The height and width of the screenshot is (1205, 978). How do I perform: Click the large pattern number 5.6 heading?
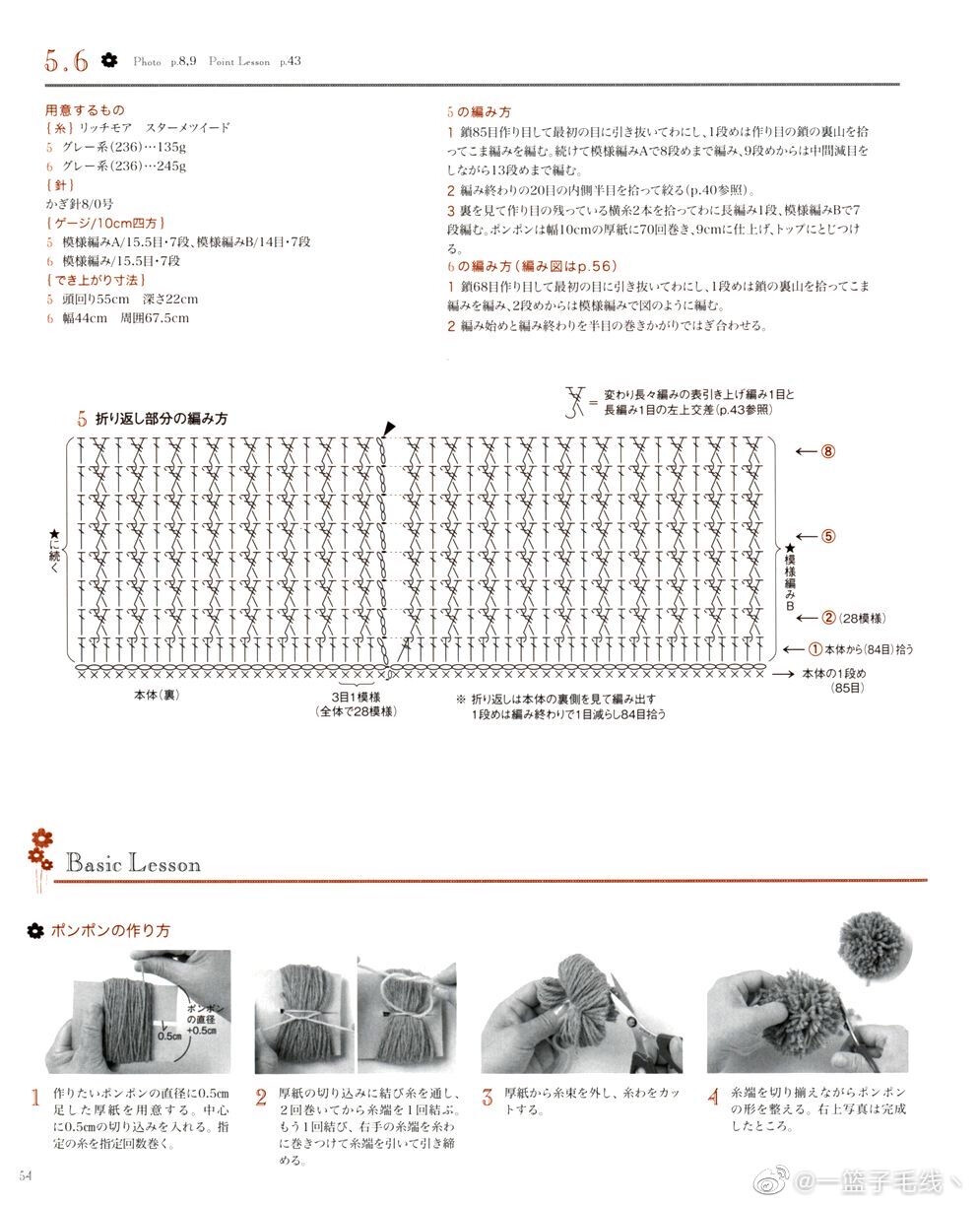point(66,61)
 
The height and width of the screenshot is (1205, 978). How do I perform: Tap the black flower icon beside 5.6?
point(109,60)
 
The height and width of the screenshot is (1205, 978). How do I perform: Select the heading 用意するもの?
point(85,110)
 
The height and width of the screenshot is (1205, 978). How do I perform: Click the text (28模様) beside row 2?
point(863,618)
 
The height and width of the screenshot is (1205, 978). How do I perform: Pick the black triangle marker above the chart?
point(390,428)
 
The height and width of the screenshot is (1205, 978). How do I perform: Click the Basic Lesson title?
point(133,864)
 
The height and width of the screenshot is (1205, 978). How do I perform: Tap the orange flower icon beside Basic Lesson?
point(39,847)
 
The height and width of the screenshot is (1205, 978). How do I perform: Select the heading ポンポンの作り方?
point(110,930)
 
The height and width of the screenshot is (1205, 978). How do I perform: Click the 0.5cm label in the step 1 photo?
point(168,1037)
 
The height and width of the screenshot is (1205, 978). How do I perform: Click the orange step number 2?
point(261,1098)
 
